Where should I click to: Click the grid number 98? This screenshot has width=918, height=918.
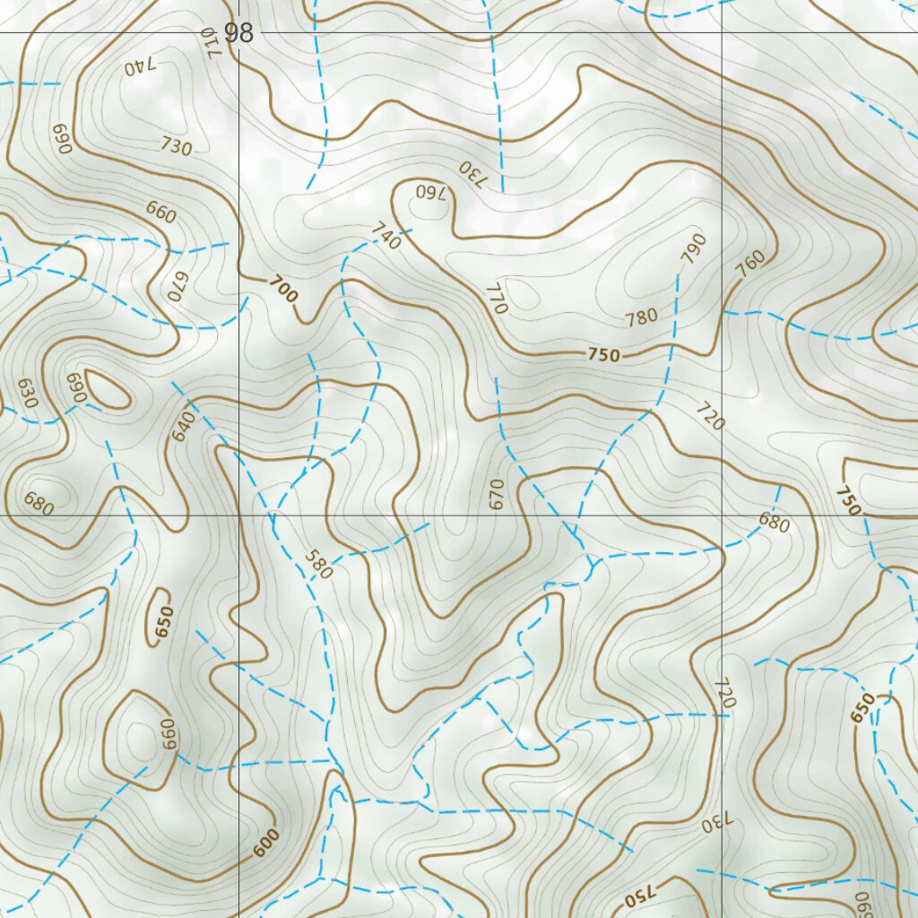(239, 34)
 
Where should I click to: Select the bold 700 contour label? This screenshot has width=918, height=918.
(282, 290)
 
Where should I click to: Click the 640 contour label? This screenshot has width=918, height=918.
(183, 425)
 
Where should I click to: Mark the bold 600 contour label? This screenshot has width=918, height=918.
(265, 843)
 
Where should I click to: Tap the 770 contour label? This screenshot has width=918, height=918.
(496, 298)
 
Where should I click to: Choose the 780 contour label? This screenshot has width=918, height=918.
(642, 317)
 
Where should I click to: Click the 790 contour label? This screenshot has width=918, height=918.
(693, 248)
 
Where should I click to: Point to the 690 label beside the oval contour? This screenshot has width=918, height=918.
(74, 387)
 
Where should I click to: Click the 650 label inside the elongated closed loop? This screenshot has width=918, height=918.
(162, 623)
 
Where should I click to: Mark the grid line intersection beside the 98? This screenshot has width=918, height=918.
(239, 33)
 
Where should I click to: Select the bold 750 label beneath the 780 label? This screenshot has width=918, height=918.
(603, 355)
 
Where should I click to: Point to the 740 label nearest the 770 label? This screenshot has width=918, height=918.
(385, 238)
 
